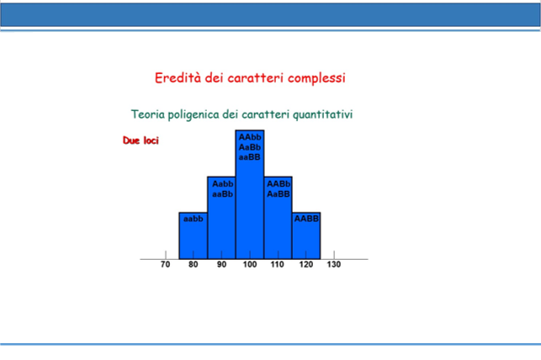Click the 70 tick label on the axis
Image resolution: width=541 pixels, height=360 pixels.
click(165, 264)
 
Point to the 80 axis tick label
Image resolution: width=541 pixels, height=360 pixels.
click(194, 264)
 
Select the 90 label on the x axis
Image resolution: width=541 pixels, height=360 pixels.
click(221, 264)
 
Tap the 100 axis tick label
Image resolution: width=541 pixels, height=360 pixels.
click(249, 264)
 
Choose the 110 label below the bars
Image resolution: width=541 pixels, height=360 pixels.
click(278, 264)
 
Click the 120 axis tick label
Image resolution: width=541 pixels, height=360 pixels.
click(306, 264)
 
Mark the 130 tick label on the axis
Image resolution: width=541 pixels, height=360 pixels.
click(334, 264)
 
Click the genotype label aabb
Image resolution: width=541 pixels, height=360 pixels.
click(194, 219)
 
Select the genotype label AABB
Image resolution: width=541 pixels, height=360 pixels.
click(306, 219)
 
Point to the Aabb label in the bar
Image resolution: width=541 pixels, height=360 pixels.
click(222, 184)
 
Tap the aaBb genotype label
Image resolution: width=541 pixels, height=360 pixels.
click(222, 194)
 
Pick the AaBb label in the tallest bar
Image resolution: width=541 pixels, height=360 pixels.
click(250, 147)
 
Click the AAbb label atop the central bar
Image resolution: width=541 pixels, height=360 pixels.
click(250, 137)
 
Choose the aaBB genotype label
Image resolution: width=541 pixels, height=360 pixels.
click(249, 157)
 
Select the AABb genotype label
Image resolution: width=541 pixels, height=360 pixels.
click(278, 184)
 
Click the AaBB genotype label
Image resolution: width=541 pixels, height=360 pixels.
click(278, 194)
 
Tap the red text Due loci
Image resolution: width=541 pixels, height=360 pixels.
click(141, 140)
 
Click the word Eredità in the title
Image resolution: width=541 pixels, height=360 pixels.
click(178, 78)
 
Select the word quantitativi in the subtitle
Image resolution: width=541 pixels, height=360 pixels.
click(322, 114)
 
